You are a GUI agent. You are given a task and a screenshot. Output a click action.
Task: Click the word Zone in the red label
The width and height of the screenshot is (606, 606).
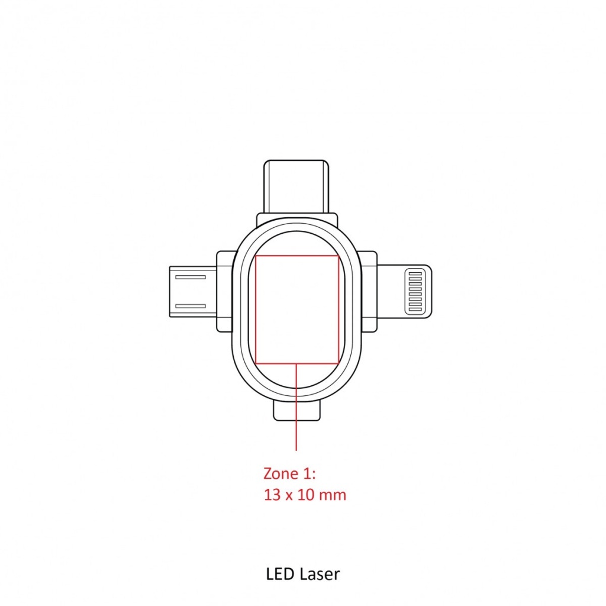[x=281, y=473]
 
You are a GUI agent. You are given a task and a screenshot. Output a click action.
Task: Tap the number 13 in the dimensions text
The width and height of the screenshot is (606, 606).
[x=272, y=495]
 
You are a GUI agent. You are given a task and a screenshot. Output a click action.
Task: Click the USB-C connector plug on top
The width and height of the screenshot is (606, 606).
[x=296, y=186]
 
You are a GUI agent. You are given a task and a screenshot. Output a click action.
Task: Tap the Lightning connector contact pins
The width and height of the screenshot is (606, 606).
[x=415, y=291]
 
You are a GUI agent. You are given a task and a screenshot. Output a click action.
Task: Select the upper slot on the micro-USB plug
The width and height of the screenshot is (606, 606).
[x=190, y=277]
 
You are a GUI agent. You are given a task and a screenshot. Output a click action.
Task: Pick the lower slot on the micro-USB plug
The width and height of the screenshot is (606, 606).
[x=190, y=306]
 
